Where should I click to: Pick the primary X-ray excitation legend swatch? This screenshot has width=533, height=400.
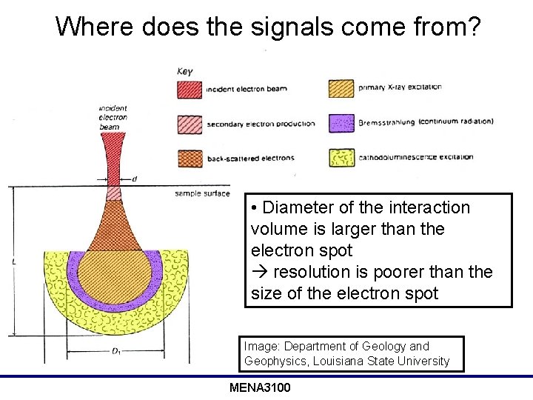pos(341,87)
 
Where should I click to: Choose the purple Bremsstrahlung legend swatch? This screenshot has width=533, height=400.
pos(341,122)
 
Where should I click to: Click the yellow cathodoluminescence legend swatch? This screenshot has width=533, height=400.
pos(341,157)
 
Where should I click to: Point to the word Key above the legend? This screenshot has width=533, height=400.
pos(185,71)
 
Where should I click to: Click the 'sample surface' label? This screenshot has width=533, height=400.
pos(201,193)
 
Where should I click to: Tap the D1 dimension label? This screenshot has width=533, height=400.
pos(116,352)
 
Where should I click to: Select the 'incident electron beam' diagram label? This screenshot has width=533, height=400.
pos(113,118)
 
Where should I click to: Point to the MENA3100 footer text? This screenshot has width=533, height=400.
pos(260,388)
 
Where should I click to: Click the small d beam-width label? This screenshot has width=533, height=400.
pos(134,179)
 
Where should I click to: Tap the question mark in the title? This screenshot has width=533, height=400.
pos(473,27)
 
